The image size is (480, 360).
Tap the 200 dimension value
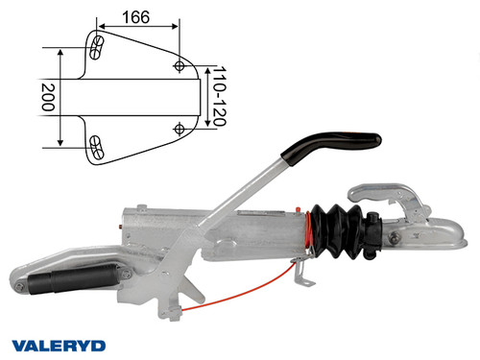pyautogui.click(x=46, y=97)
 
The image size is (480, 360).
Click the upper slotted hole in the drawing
pyautogui.click(x=97, y=44)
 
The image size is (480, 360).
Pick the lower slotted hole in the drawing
pyautogui.click(x=97, y=146)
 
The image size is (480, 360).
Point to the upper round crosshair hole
pyautogui.click(x=180, y=65)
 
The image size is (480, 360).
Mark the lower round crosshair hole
pyautogui.click(x=180, y=126)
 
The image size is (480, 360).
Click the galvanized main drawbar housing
pyautogui.click(x=230, y=235)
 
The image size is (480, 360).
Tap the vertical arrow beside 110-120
pyautogui.click(x=206, y=96)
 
